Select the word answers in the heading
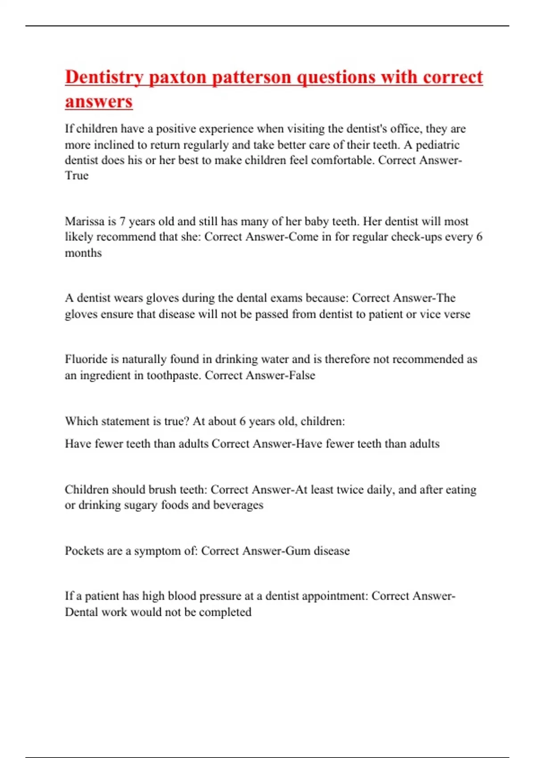point(99,101)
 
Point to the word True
point(77,176)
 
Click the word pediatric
point(437,145)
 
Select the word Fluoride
point(86,359)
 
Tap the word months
point(83,253)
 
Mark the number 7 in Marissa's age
point(122,221)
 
